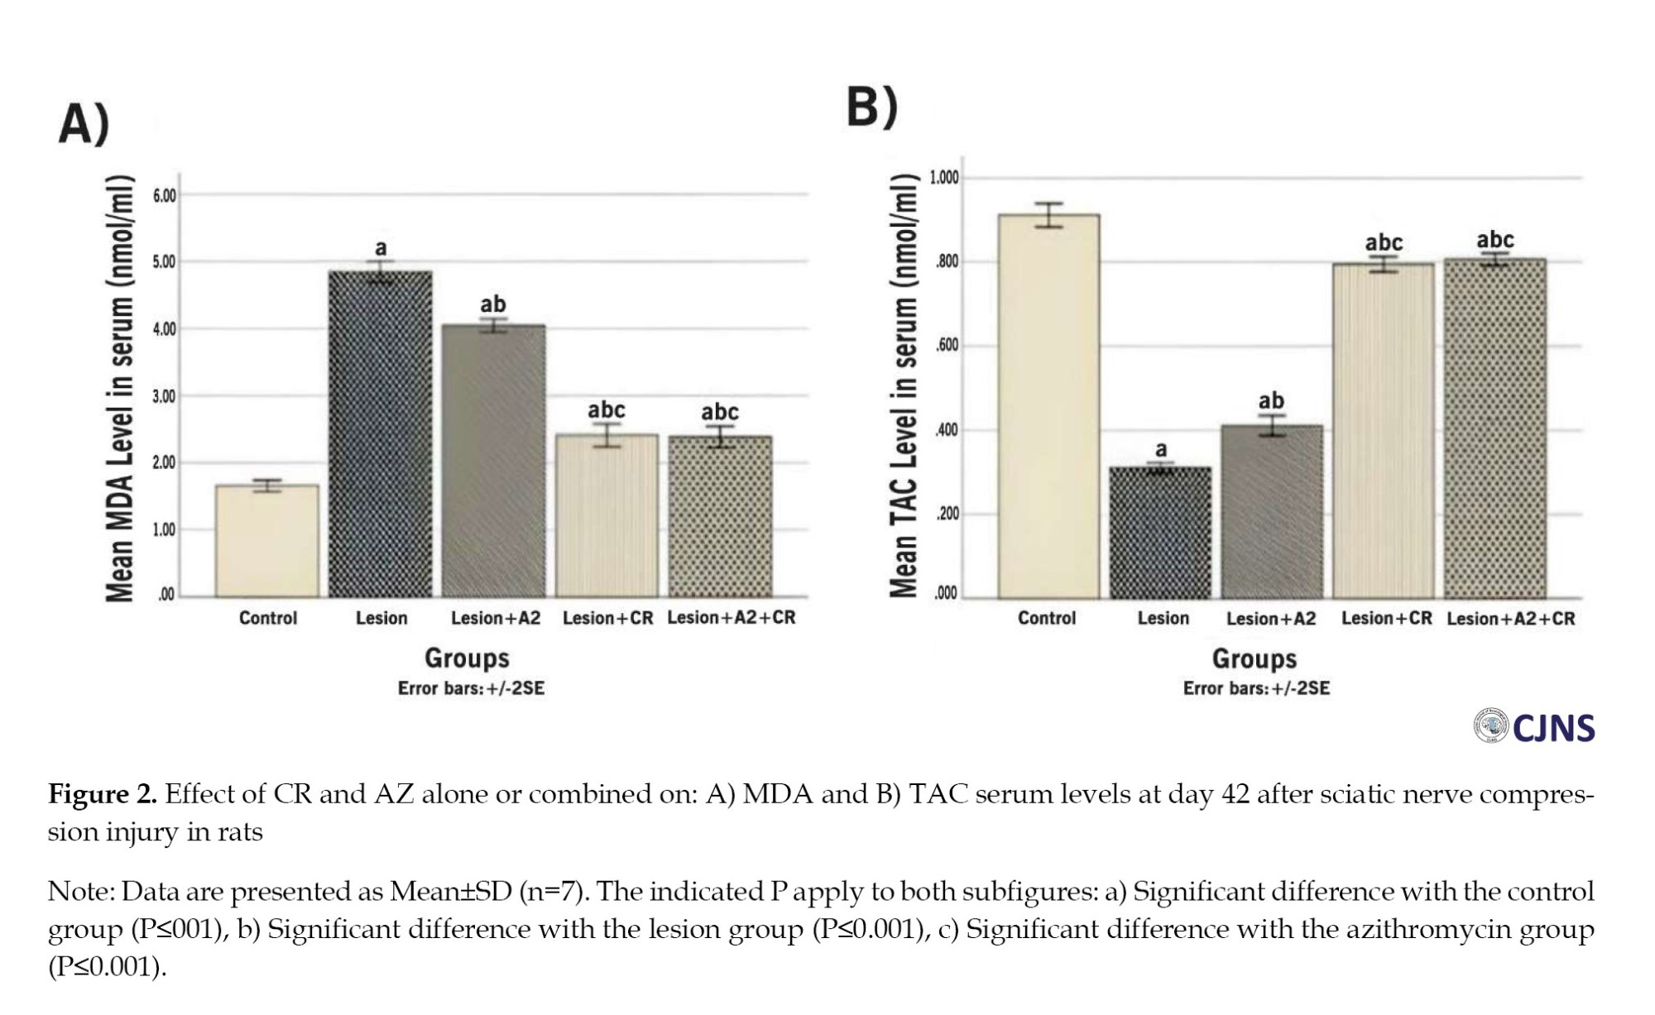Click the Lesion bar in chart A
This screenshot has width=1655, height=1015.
tap(381, 434)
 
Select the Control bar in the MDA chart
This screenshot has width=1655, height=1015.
tap(267, 541)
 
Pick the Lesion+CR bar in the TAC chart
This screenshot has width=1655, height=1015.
tap(1384, 430)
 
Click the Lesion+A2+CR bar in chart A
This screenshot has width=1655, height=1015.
tap(720, 516)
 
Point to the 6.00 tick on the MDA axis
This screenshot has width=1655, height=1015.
tap(165, 196)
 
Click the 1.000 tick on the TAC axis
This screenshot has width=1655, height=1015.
tap(944, 178)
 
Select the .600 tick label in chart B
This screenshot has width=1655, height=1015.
tap(947, 346)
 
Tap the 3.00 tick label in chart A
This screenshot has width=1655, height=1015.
tap(165, 396)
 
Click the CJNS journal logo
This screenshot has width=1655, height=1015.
tap(1535, 727)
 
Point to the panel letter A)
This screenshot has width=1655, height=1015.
tap(84, 125)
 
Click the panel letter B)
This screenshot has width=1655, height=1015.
tap(871, 108)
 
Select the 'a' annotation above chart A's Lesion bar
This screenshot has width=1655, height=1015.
tap(381, 247)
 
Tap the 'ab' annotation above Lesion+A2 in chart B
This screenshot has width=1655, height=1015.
tap(1271, 401)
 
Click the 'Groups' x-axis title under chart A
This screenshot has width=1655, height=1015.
tap(467, 658)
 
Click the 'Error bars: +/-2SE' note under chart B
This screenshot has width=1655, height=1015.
tap(1256, 689)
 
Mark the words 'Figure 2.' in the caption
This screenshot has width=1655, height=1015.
tap(103, 794)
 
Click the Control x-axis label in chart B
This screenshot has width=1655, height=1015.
tap(1047, 619)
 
